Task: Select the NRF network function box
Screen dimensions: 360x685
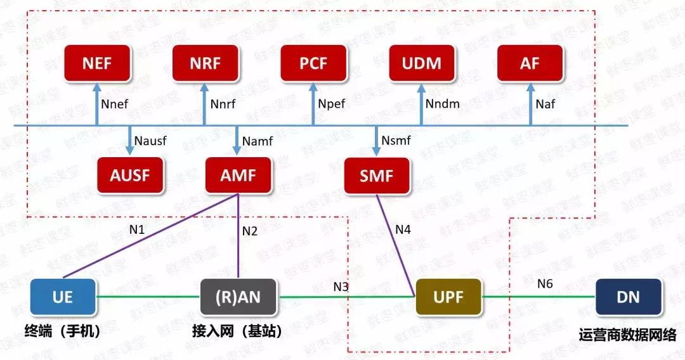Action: (204, 64)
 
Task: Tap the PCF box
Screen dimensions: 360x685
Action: (313, 64)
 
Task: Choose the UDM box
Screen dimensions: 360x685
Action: (422, 64)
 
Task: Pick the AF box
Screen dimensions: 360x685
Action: (530, 64)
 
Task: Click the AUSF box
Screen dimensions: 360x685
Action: (129, 175)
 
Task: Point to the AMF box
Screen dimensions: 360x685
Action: (238, 175)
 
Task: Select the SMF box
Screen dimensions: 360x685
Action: (377, 175)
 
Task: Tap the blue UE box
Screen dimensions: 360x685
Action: (63, 296)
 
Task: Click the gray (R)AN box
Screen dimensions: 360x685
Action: (238, 296)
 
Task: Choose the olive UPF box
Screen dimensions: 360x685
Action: (448, 296)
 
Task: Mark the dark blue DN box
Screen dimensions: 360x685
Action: (628, 296)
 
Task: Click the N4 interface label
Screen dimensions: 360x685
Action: (403, 229)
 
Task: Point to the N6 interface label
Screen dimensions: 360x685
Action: (545, 284)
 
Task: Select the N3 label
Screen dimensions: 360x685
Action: (341, 286)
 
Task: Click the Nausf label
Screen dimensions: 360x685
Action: (150, 141)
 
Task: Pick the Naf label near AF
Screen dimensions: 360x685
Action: (545, 103)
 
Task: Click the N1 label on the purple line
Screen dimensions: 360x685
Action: (137, 229)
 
